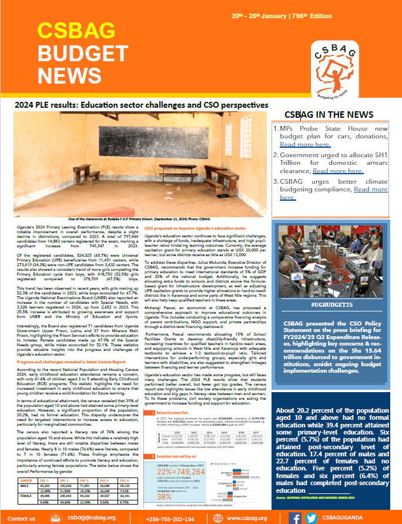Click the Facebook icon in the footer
[x=296, y=518]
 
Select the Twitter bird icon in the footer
[x=311, y=518]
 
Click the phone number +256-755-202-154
[x=171, y=518]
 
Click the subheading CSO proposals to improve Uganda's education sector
[x=187, y=227]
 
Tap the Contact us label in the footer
[x=22, y=518]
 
